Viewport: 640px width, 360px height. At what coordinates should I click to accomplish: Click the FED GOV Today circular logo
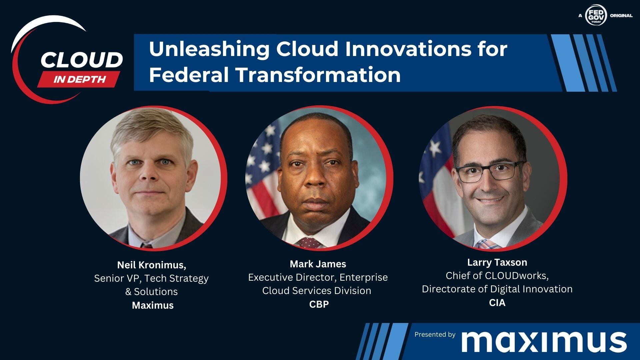(x=596, y=15)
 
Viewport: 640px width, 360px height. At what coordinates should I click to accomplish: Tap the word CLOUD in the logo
(x=82, y=60)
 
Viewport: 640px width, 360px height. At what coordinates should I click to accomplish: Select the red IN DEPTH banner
(x=79, y=79)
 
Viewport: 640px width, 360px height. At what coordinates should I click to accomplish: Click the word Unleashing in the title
(x=209, y=49)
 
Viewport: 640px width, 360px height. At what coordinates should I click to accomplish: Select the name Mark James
(x=318, y=264)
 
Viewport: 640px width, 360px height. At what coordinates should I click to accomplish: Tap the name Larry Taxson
(x=497, y=262)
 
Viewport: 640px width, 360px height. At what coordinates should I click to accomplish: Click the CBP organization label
(x=319, y=304)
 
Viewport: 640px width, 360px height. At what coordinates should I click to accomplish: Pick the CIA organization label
(x=497, y=303)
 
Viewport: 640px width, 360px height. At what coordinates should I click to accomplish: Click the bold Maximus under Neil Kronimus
(x=153, y=305)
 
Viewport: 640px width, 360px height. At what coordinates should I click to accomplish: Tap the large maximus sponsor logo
(x=544, y=341)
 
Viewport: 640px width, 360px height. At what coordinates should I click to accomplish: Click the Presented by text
(x=435, y=334)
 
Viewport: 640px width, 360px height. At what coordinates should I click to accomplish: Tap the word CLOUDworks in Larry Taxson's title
(x=515, y=276)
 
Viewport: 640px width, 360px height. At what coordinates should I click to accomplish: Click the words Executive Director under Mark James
(x=292, y=277)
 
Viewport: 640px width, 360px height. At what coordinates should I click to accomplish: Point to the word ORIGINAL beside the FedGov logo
(x=621, y=15)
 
